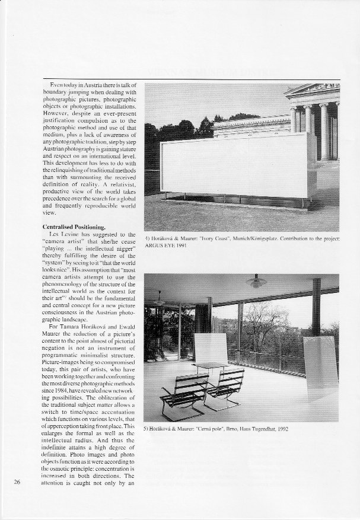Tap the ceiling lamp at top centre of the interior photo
coord(256,282)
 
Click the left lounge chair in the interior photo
coord(183,394)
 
